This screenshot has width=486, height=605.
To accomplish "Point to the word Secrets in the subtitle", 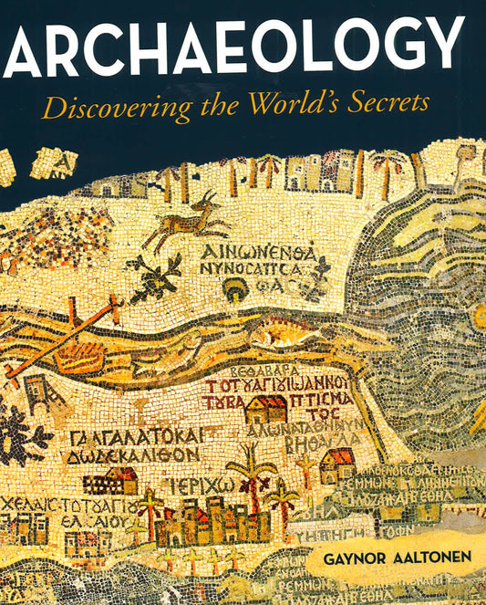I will click(x=390, y=107).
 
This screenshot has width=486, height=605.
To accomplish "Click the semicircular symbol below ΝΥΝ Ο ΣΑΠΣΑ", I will click(x=234, y=287).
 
